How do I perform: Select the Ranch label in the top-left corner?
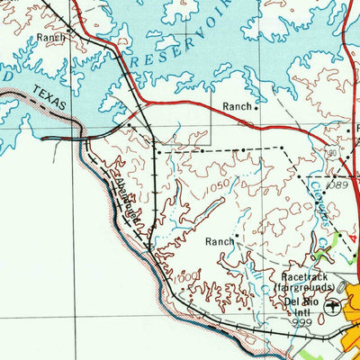(51, 39)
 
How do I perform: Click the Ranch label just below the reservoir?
(237, 106)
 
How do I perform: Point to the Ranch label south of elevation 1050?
(219, 241)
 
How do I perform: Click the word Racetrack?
(307, 277)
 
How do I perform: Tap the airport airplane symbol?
(334, 307)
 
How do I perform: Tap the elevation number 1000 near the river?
(184, 276)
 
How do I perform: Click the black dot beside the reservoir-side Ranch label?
(256, 108)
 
